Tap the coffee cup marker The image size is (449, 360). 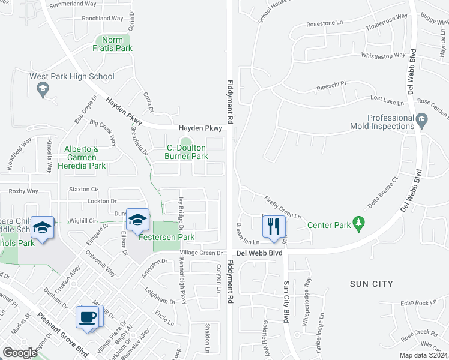pyautogui.click(x=88, y=317)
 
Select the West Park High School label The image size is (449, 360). pyautogui.click(x=72, y=76)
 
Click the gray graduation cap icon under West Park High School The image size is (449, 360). pyautogui.click(x=43, y=91)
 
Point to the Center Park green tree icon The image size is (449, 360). pyautogui.click(x=358, y=224)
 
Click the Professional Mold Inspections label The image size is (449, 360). pyautogui.click(x=382, y=122)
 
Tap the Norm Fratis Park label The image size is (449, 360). pyautogui.click(x=112, y=44)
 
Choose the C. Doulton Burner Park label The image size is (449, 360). pyautogui.click(x=186, y=152)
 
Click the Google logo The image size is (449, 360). pyautogui.click(x=20, y=352)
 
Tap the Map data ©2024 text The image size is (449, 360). pyautogui.click(x=424, y=355)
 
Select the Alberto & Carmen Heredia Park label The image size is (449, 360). pyautogui.click(x=85, y=157)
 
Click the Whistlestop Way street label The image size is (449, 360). pyautogui.click(x=384, y=56)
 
